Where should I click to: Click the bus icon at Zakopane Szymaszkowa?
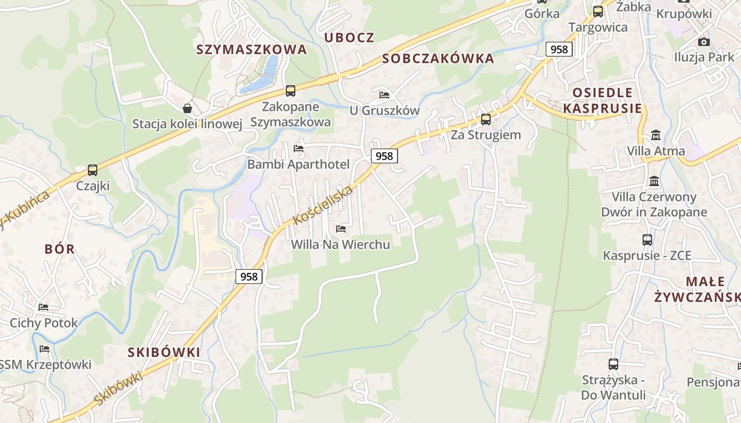click(290, 91)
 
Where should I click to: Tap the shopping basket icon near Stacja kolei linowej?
click(187, 108)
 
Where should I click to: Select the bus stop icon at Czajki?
click(93, 170)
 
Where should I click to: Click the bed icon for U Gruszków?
click(384, 95)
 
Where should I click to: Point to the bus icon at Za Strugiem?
click(485, 119)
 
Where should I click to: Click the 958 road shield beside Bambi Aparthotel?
click(384, 156)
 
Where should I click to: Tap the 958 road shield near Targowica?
click(559, 50)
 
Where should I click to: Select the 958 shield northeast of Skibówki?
click(249, 277)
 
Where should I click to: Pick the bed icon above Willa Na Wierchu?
click(341, 229)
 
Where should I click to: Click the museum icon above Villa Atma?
click(656, 135)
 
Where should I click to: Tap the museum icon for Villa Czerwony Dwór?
click(654, 181)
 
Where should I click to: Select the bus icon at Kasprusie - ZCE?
click(647, 240)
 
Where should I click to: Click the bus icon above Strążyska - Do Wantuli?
click(613, 364)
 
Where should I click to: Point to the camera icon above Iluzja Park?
click(703, 42)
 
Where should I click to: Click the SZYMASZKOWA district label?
click(251, 50)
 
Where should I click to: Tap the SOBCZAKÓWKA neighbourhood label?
click(438, 59)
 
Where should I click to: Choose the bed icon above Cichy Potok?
click(43, 307)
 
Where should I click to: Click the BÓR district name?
click(60, 250)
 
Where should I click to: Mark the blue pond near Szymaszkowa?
click(262, 77)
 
